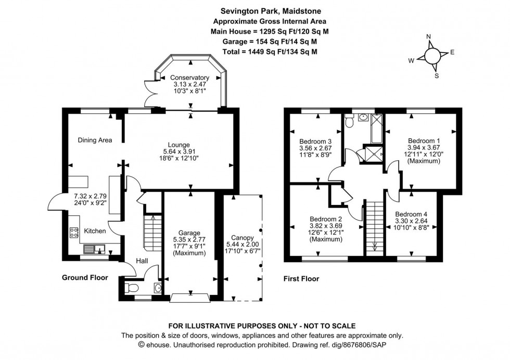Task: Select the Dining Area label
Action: [95, 140]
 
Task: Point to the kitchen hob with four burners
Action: [73, 232]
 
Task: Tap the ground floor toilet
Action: [133, 288]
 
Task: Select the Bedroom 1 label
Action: [424, 141]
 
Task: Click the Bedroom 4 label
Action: [411, 214]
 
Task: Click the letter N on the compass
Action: [429, 36]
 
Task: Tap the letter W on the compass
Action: [411, 60]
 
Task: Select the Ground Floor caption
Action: [85, 278]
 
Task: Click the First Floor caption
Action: [301, 279]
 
